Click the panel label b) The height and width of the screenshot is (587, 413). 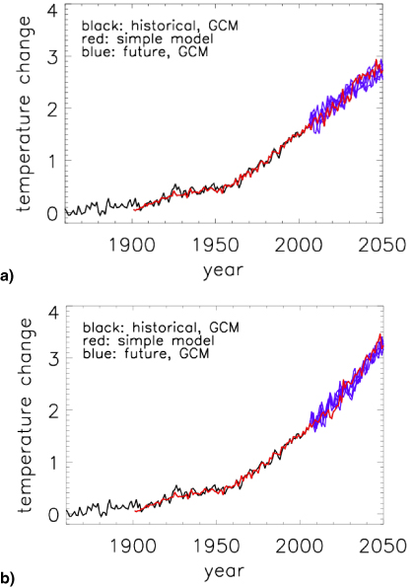(9, 580)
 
